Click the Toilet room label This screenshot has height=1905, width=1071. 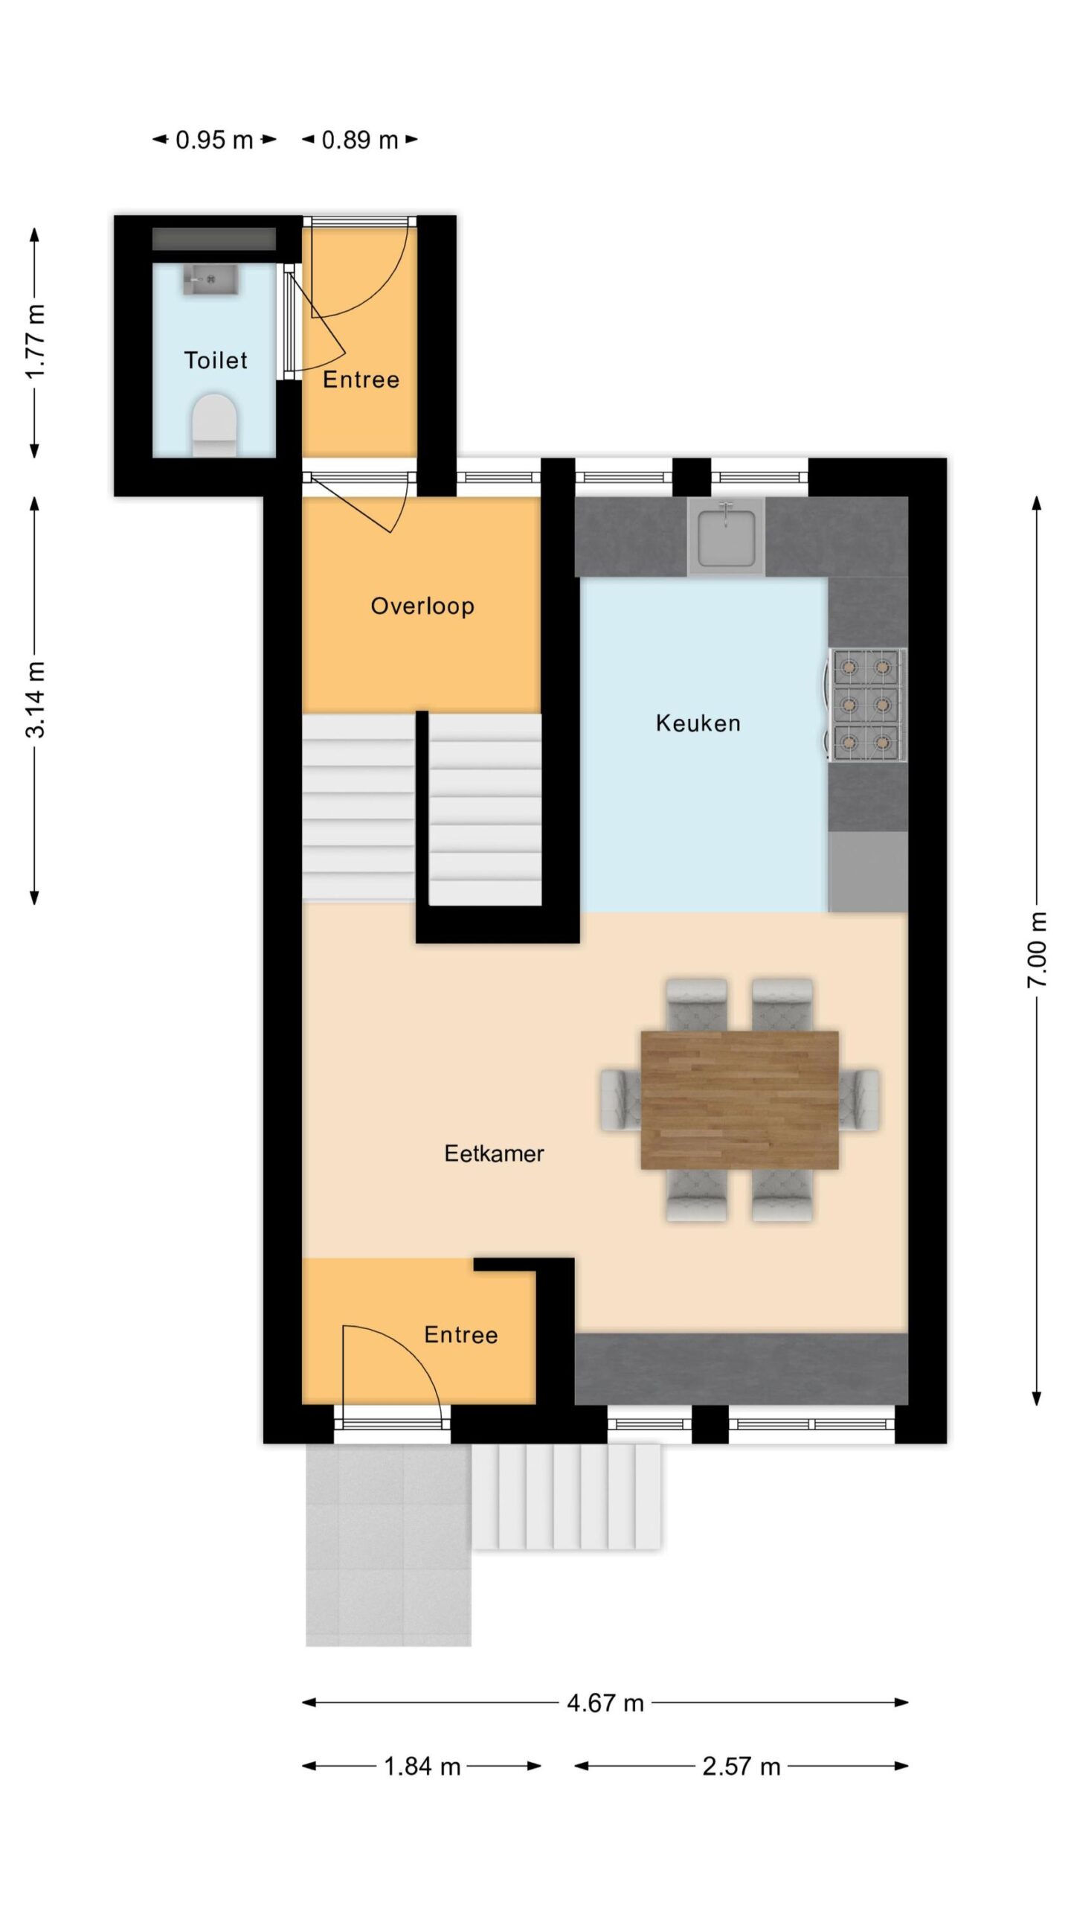pyautogui.click(x=215, y=360)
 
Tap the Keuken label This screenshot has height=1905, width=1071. pyautogui.click(x=698, y=723)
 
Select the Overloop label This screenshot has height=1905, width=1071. pyautogui.click(x=422, y=606)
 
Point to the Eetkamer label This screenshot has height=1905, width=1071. pyautogui.click(x=494, y=1153)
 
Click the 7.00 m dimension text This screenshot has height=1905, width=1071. pyautogui.click(x=1037, y=950)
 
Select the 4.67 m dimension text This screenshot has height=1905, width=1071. pyautogui.click(x=605, y=1703)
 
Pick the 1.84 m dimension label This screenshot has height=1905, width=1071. pyautogui.click(x=422, y=1767)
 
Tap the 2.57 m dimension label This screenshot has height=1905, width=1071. pyautogui.click(x=742, y=1767)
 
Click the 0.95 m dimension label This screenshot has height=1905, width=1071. pyautogui.click(x=214, y=140)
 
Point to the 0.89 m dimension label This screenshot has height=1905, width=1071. pyautogui.click(x=360, y=140)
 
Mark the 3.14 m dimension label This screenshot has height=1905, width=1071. pyautogui.click(x=35, y=699)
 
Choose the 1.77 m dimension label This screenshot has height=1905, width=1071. pyautogui.click(x=35, y=342)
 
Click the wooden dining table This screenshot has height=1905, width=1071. pyautogui.click(x=740, y=1100)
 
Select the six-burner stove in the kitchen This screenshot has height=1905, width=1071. pyautogui.click(x=867, y=705)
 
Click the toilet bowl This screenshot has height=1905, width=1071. pyautogui.click(x=214, y=425)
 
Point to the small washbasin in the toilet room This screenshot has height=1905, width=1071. pyautogui.click(x=210, y=279)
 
